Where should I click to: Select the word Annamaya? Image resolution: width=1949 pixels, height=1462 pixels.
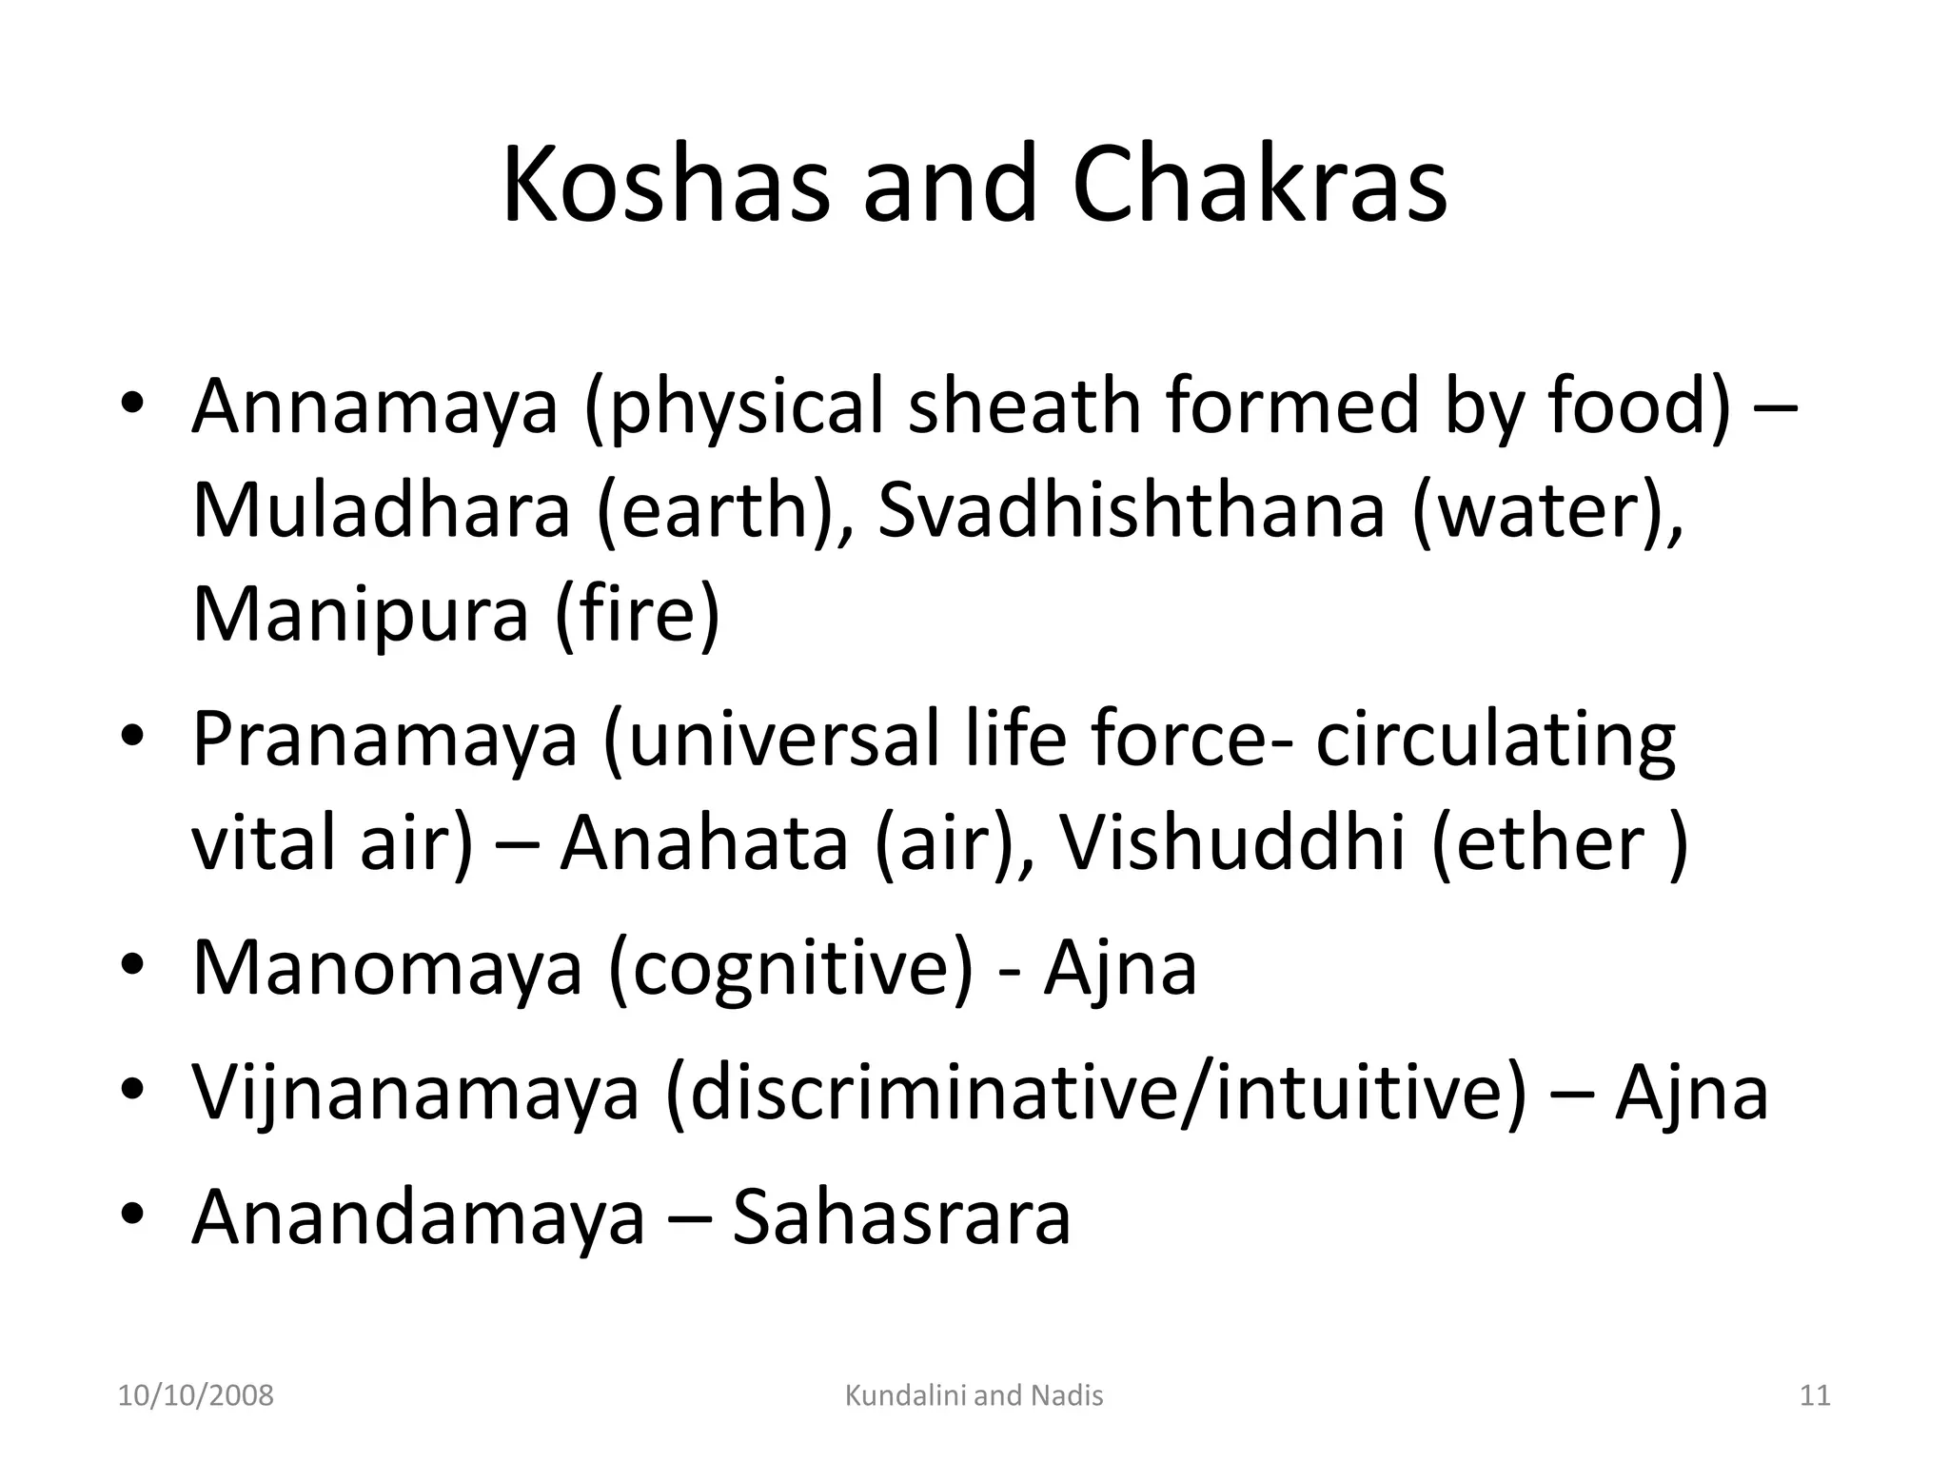click(375, 406)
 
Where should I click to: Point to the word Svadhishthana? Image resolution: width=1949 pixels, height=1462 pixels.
click(1130, 510)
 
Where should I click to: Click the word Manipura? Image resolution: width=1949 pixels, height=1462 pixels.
click(360, 614)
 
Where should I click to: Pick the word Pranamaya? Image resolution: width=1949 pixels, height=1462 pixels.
click(384, 740)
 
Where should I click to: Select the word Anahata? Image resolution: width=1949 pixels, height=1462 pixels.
click(703, 843)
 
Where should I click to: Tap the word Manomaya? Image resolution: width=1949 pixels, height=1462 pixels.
click(386, 968)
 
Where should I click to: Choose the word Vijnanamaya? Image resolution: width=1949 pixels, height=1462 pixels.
click(416, 1093)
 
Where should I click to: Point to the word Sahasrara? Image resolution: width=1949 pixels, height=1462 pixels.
click(901, 1217)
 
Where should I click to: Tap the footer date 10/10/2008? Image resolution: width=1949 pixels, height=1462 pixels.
click(195, 1396)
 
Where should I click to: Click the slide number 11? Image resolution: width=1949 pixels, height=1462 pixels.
click(1815, 1396)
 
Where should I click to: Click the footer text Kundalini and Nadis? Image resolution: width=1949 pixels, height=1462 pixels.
click(974, 1396)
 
